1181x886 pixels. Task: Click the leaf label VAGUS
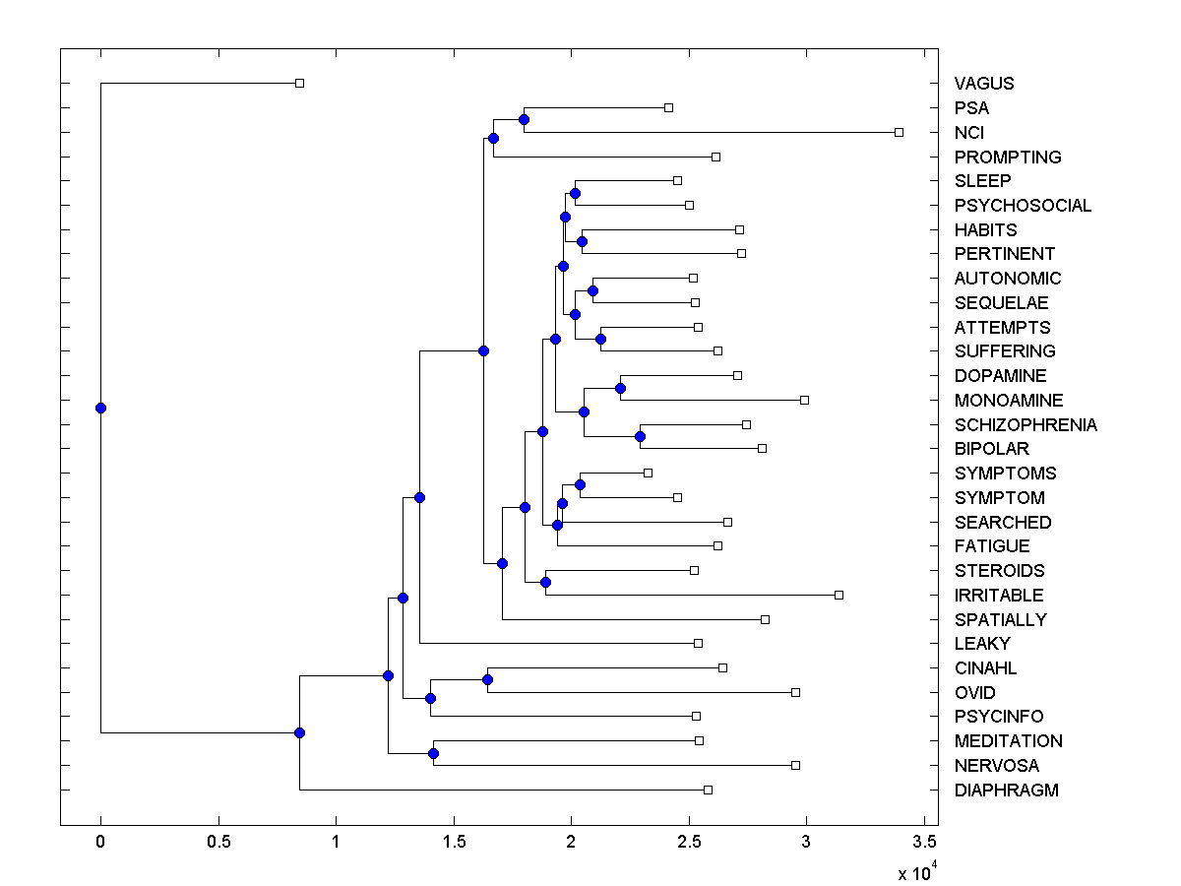(983, 84)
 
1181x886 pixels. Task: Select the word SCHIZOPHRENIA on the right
(1026, 425)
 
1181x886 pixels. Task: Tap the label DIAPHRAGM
(1006, 791)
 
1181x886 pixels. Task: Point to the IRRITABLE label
(998, 596)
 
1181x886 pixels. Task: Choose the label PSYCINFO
(998, 717)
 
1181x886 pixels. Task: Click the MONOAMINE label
(1008, 401)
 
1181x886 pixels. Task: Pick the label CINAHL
(985, 668)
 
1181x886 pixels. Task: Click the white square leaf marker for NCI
(899, 132)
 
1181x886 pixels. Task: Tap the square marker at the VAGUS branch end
(300, 84)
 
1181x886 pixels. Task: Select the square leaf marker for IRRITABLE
(839, 595)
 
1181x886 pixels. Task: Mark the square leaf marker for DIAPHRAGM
(708, 790)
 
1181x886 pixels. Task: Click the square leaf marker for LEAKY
(698, 643)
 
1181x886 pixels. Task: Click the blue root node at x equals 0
(100, 408)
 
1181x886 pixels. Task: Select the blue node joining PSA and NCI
(524, 120)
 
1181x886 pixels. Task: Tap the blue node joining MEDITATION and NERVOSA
(433, 753)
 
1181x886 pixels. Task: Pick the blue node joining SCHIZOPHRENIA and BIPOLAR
(640, 436)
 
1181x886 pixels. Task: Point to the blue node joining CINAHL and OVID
(487, 679)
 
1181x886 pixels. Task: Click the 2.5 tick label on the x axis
(688, 842)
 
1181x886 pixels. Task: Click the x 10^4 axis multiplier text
(916, 872)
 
